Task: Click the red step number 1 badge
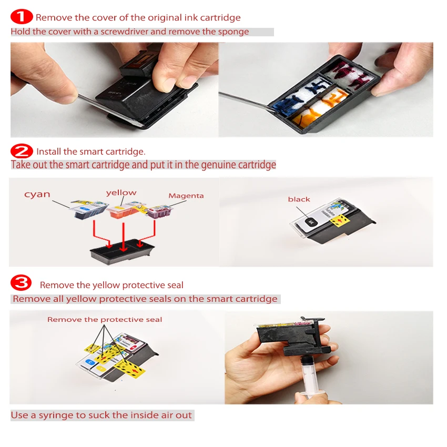click(22, 17)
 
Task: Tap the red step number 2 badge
click(22, 151)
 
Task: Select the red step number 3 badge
click(22, 284)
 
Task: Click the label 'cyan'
click(37, 194)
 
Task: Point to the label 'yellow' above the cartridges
click(121, 192)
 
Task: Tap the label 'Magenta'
click(186, 196)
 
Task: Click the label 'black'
click(299, 199)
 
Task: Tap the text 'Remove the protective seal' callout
click(105, 319)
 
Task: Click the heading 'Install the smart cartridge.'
click(90, 151)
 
